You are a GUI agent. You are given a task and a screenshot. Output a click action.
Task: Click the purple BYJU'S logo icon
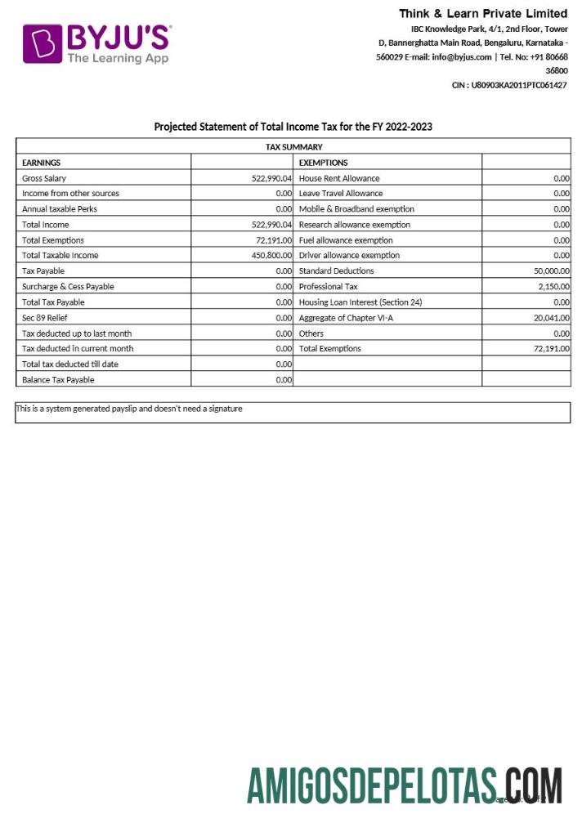click(43, 43)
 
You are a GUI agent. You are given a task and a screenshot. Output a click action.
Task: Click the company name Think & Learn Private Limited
click(482, 13)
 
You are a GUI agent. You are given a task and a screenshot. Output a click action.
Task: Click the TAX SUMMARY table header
click(293, 147)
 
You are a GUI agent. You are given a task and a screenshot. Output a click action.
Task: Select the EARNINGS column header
click(42, 163)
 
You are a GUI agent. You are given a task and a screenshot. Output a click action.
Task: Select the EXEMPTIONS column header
click(323, 163)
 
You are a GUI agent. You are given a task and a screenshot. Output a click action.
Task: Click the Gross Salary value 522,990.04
click(271, 178)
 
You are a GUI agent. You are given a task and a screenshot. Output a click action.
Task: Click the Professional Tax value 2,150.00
click(553, 287)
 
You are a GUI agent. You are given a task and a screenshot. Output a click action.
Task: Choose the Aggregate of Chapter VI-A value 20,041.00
click(551, 318)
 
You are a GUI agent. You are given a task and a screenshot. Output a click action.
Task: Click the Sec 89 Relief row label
click(45, 318)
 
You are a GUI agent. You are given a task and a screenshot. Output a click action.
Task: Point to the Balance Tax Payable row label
click(58, 380)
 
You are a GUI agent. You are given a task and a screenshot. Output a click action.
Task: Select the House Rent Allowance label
click(339, 178)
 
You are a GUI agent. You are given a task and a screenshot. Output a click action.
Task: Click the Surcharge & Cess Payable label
click(68, 287)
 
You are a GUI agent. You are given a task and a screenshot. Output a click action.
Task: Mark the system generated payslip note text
click(129, 409)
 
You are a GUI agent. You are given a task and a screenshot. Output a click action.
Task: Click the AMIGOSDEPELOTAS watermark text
click(372, 787)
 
